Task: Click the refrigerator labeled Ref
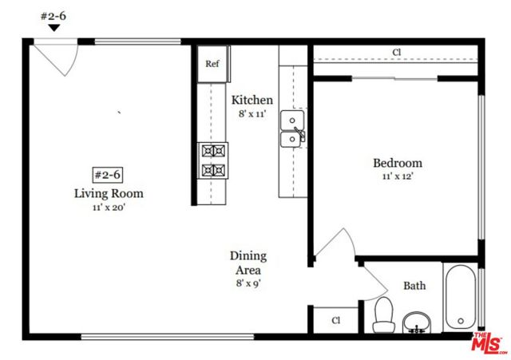click(x=212, y=64)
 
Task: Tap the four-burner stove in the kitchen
click(x=213, y=160)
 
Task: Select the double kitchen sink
click(x=293, y=129)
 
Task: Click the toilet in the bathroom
click(x=383, y=315)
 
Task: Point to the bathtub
click(x=460, y=298)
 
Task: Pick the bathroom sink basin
click(x=417, y=322)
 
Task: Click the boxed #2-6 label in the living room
click(x=108, y=175)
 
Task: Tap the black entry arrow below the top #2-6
click(x=54, y=28)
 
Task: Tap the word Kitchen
click(x=252, y=100)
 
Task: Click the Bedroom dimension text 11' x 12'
click(x=398, y=176)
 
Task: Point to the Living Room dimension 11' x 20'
click(x=109, y=208)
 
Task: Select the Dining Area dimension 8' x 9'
click(x=248, y=283)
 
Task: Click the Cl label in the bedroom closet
click(x=396, y=52)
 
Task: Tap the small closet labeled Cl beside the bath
click(x=335, y=320)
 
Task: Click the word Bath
click(x=414, y=286)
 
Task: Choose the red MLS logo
click(x=489, y=343)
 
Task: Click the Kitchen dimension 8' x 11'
click(x=252, y=114)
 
